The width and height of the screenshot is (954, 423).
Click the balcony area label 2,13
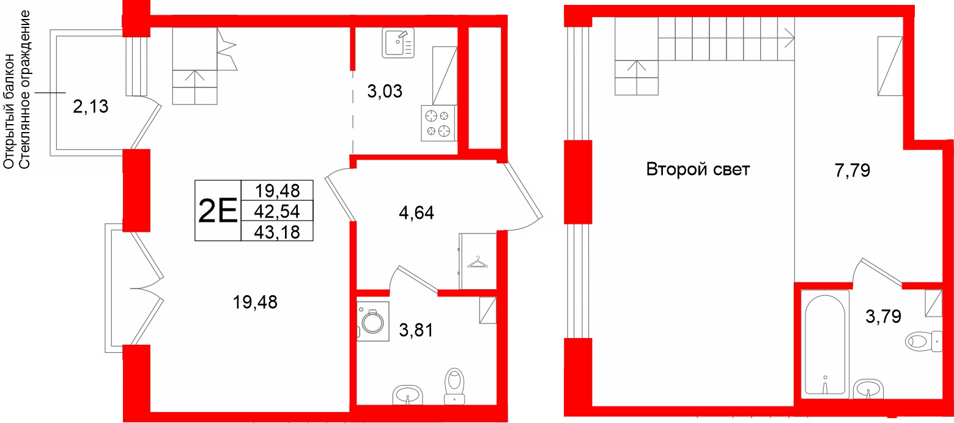[91, 107]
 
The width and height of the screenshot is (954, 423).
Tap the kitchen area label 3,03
[385, 92]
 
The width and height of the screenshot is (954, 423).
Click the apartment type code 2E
[218, 211]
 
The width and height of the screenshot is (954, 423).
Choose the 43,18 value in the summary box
[278, 232]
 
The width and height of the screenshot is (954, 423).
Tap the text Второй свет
[698, 169]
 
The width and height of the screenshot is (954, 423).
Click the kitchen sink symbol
[398, 43]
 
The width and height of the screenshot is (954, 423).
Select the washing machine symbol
[372, 322]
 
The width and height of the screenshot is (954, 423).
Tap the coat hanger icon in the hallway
[478, 263]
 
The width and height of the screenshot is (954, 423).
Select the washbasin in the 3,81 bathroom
[407, 394]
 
